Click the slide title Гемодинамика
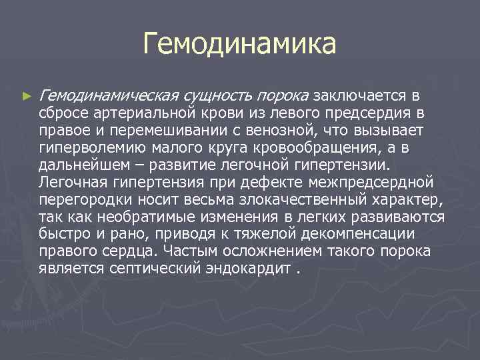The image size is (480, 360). click(239, 45)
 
